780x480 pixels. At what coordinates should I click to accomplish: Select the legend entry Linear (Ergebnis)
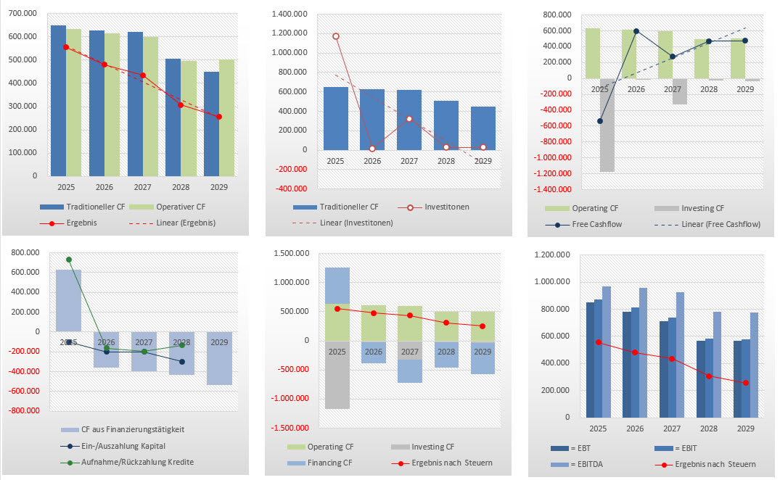186,223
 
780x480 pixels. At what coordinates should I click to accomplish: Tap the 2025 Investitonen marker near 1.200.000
335,36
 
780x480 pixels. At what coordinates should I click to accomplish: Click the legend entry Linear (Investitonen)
356,223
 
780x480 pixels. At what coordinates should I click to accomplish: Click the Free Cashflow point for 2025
599,121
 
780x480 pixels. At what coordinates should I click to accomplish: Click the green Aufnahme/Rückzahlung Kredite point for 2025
69,260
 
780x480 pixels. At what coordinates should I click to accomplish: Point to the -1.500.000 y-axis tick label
292,427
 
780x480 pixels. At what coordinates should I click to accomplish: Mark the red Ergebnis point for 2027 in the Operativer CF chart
143,75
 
